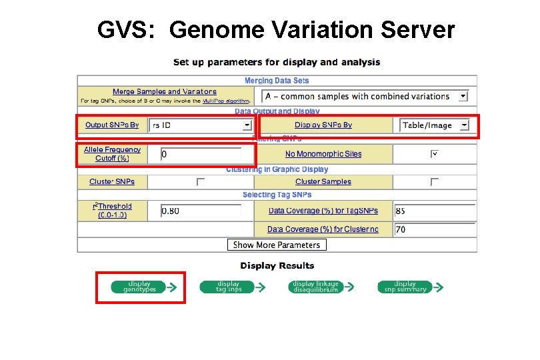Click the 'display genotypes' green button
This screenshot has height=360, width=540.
(140, 287)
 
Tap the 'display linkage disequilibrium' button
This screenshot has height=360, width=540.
(315, 287)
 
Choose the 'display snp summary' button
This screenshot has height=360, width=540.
(405, 287)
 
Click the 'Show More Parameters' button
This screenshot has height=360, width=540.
(277, 245)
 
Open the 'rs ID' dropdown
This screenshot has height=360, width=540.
(201, 125)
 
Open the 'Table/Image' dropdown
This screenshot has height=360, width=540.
(435, 125)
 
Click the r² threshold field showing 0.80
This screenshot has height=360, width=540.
(201, 211)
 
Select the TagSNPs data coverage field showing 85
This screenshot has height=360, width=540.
(434, 211)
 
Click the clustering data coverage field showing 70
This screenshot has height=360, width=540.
(434, 229)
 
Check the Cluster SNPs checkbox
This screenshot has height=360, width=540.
(201, 181)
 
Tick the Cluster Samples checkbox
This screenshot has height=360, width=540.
(434, 181)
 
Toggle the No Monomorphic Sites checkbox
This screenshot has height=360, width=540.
(434, 154)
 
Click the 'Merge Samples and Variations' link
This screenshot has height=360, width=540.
(165, 91)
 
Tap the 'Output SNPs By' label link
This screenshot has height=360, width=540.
(112, 125)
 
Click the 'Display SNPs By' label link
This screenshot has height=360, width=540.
(323, 125)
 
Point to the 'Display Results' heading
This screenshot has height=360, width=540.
(277, 265)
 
